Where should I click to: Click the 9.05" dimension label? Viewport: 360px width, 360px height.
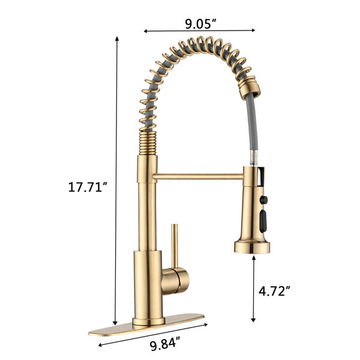(x=200, y=23)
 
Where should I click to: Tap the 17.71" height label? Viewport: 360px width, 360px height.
(x=88, y=187)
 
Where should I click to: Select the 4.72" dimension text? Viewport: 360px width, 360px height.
(x=274, y=291)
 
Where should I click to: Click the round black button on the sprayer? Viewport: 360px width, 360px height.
(x=263, y=200)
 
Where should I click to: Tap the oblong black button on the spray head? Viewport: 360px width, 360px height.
(x=263, y=222)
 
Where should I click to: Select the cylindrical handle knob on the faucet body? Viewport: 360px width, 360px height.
(x=176, y=281)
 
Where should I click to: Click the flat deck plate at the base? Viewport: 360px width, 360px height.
(x=146, y=325)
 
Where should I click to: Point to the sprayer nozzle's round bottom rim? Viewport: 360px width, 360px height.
(x=252, y=247)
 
